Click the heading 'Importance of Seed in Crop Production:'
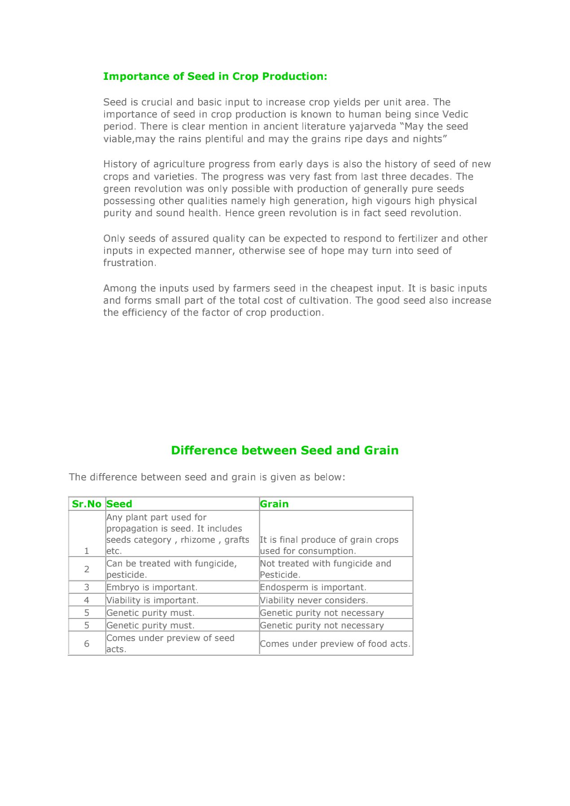coord(215,76)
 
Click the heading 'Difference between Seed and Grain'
coord(285,450)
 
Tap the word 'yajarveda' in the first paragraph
coord(372,126)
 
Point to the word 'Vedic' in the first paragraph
coord(455,114)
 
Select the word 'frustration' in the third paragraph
coord(129,263)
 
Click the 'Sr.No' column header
coord(87,504)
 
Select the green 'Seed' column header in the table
coord(119,504)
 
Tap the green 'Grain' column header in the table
coord(274,504)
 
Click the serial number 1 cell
coord(87,551)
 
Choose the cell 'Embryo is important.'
coord(152,588)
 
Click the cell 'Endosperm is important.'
coord(313,588)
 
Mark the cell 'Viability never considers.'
coord(314,600)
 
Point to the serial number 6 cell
coord(87,644)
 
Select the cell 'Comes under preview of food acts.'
coord(335,644)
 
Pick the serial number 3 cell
coord(87,588)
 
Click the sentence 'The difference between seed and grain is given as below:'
coord(207,477)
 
